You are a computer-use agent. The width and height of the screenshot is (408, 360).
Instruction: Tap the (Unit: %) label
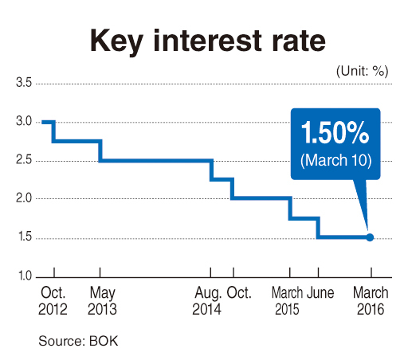pyautogui.click(x=361, y=70)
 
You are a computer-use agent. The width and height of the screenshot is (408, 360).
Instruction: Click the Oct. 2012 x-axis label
pyautogui.click(x=54, y=300)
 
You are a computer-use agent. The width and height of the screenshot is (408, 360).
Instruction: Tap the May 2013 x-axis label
pyautogui.click(x=100, y=300)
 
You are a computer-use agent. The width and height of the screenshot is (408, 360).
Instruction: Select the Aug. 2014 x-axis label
pyautogui.click(x=209, y=300)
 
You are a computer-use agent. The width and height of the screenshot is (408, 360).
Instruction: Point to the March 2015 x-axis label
pyautogui.click(x=288, y=300)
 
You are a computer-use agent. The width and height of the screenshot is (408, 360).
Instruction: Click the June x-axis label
pyautogui.click(x=320, y=292)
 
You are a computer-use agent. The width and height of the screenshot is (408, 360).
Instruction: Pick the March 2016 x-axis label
pyautogui.click(x=369, y=300)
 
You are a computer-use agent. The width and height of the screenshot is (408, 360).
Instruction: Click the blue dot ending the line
pyautogui.click(x=370, y=237)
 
